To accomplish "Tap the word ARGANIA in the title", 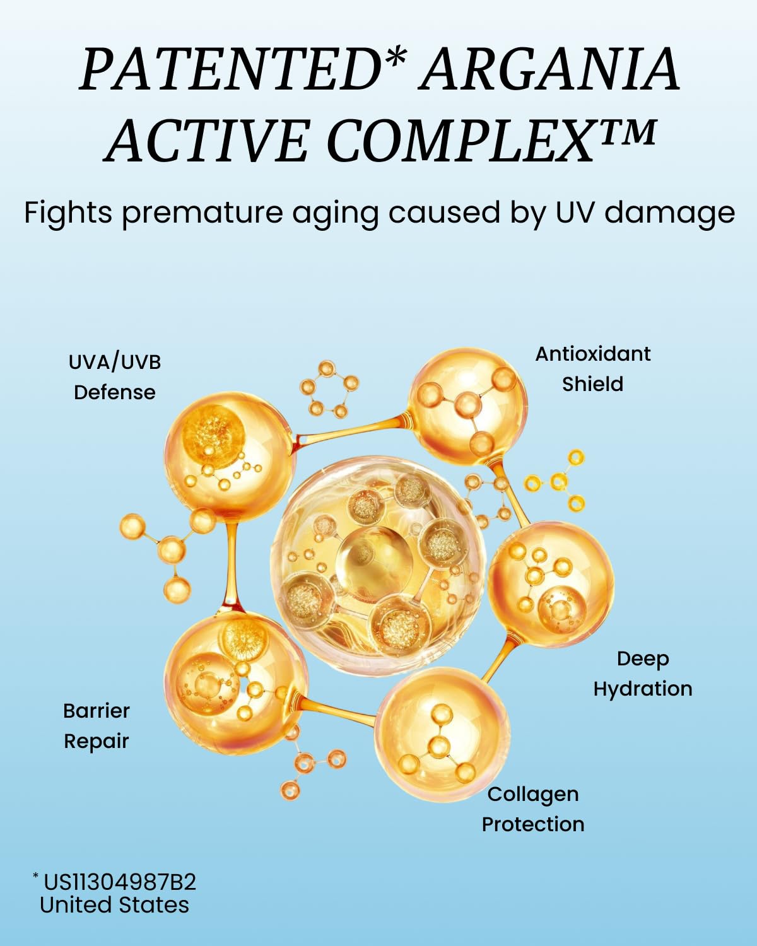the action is point(548,71).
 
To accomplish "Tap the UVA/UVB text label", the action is point(115,363).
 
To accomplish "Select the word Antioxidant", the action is point(593,354).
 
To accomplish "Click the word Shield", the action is point(593,384).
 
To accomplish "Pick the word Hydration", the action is point(643,690).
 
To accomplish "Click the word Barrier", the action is point(97,711).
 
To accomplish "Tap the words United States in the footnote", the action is point(114,905).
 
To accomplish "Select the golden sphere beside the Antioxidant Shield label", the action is point(467,406).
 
